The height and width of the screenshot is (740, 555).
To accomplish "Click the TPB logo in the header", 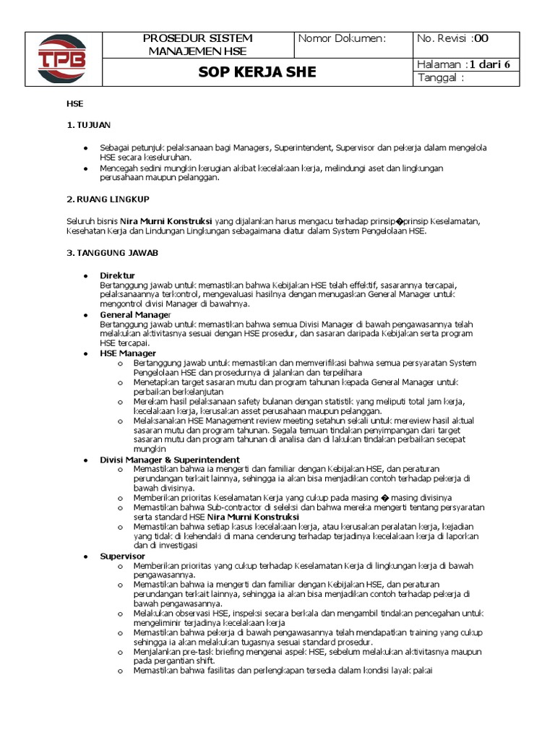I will point(63,59).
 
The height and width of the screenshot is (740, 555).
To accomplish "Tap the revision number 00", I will point(481,38).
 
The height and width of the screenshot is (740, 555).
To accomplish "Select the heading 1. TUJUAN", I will point(89,126).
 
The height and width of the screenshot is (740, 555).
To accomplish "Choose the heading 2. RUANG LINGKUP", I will point(108,199).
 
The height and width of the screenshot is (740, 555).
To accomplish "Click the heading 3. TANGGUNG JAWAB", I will point(113,253).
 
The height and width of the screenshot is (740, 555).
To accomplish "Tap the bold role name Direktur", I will point(117,276).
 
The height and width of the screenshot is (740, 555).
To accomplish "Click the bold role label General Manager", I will point(136,315).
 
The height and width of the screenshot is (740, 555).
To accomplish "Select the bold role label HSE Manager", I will point(128,353).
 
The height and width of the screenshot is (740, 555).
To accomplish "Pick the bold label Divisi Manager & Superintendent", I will point(170,460).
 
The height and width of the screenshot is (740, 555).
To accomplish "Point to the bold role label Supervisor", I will point(123,556).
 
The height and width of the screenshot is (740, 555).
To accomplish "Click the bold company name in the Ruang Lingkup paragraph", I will point(166,220).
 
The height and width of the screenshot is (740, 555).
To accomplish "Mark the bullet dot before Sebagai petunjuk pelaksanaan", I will point(86,147).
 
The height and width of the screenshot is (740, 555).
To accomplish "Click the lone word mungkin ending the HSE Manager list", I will point(149,449).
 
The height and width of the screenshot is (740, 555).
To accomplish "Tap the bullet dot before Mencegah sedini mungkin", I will point(86,168).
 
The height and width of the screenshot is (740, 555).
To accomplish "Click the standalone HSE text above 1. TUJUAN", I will point(74,104).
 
